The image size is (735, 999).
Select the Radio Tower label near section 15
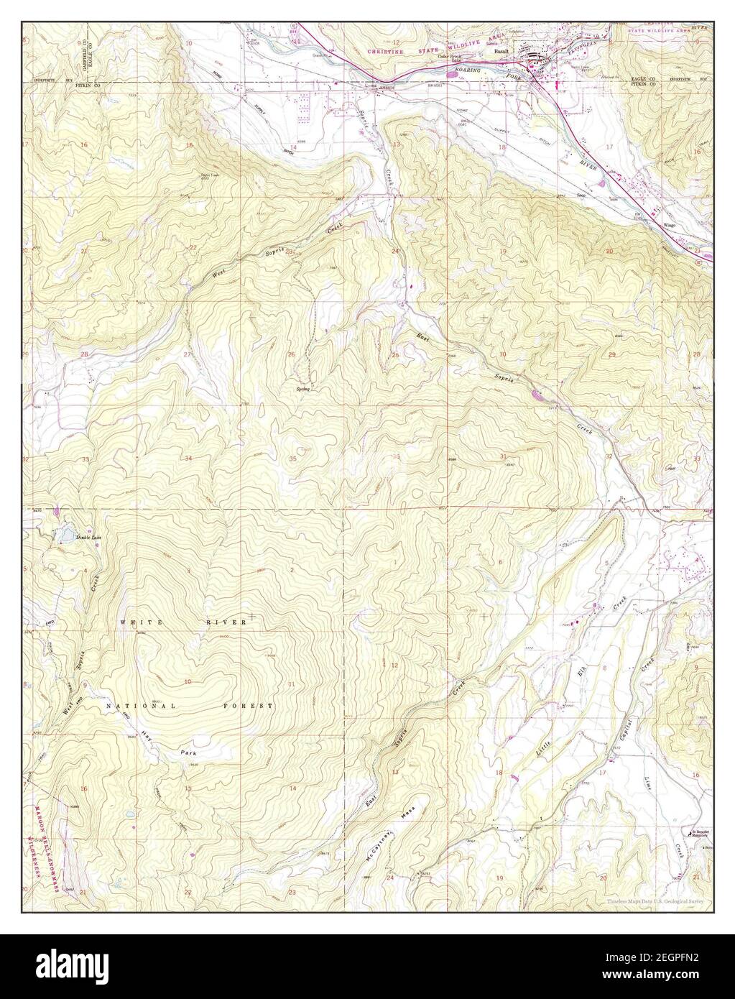tap(210, 175)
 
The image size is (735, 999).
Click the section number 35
tap(292, 459)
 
